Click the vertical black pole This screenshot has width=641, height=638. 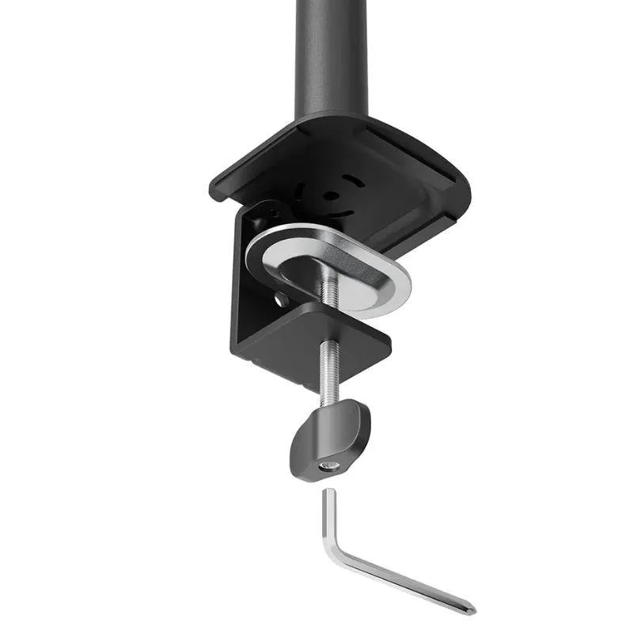click(x=330, y=55)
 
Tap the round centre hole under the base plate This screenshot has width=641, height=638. click(x=333, y=195)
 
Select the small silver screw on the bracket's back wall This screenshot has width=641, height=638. click(x=281, y=299)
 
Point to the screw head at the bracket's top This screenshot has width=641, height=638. click(x=273, y=211)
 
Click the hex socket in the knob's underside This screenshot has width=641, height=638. click(x=328, y=466)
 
